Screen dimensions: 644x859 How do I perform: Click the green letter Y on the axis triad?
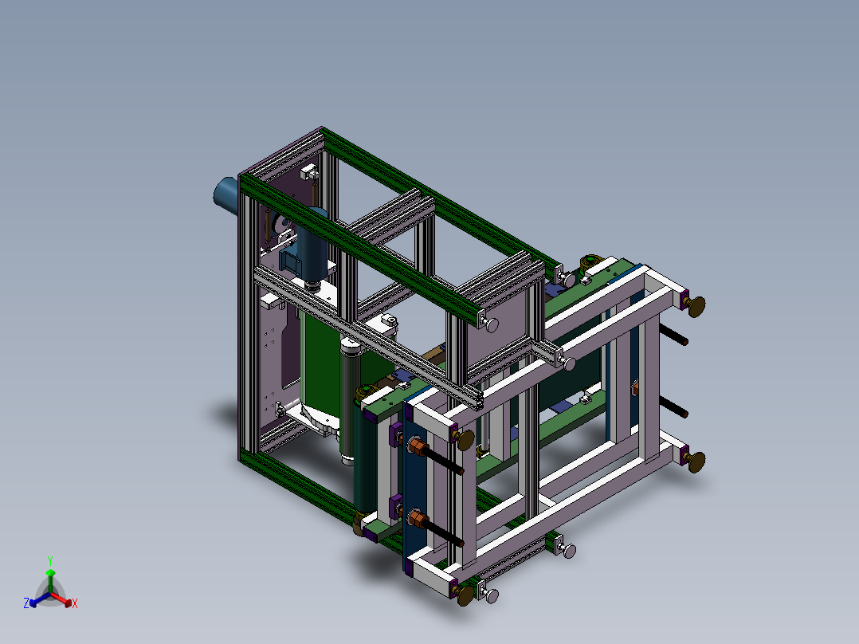pos(49,560)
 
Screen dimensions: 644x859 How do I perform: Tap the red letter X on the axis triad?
pos(74,604)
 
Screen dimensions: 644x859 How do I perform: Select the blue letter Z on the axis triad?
pos(25,604)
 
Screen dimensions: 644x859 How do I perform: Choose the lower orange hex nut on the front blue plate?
pos(414,519)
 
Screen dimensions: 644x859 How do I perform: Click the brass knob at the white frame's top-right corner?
pos(697,304)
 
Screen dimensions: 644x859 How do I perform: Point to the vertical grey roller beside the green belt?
pos(349,399)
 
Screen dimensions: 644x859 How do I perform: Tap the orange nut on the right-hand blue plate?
pos(635,388)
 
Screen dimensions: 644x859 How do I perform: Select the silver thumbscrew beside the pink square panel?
pos(491,324)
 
